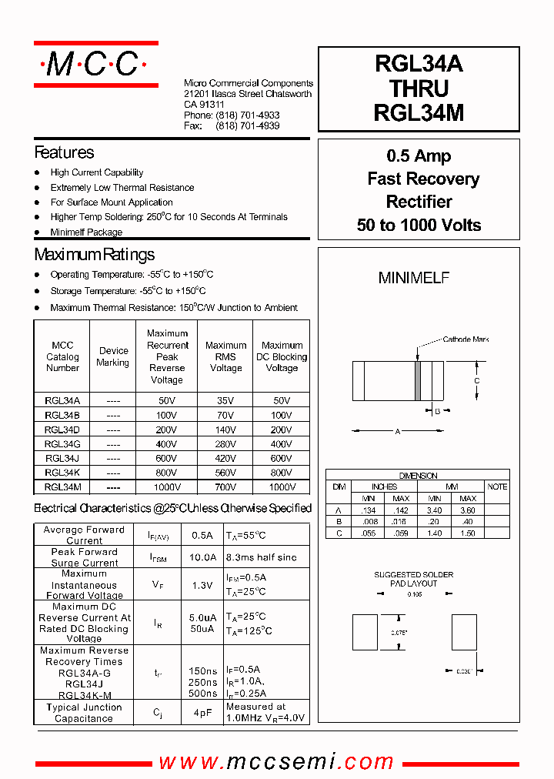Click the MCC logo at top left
(x=95, y=65)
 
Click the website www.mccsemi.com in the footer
(x=276, y=762)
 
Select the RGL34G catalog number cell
(x=62, y=444)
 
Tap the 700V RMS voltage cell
(x=225, y=487)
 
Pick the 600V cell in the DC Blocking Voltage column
(x=282, y=459)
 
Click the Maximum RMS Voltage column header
(x=225, y=357)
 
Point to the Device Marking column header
(x=112, y=357)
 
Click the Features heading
(x=64, y=152)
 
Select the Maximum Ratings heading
(x=94, y=255)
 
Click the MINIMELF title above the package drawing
(x=414, y=279)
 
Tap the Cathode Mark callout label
(x=466, y=339)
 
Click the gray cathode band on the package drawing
(x=418, y=381)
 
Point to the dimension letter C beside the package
(x=477, y=381)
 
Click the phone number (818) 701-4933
(x=247, y=115)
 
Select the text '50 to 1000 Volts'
(x=419, y=226)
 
